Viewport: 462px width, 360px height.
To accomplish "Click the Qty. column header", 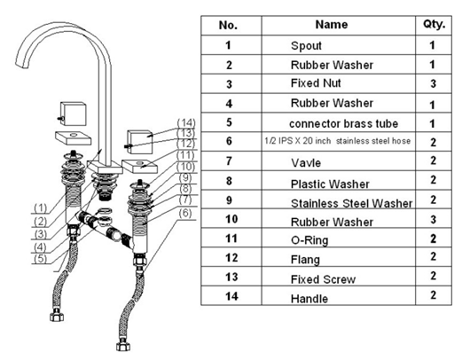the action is pyautogui.click(x=434, y=24).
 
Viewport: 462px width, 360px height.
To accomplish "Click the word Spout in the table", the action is pyautogui.click(x=306, y=46).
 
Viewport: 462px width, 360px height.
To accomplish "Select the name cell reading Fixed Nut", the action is pyautogui.click(x=316, y=83).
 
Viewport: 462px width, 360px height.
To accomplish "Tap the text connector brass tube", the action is pyautogui.click(x=343, y=123).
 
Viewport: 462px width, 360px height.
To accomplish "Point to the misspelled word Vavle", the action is pyautogui.click(x=306, y=163).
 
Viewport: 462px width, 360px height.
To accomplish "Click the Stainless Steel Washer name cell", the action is pyautogui.click(x=351, y=203).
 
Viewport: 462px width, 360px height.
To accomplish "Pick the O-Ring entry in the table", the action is pyautogui.click(x=309, y=240).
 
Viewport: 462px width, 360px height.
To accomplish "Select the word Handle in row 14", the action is pyautogui.click(x=309, y=299).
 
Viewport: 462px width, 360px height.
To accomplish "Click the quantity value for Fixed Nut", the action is pyautogui.click(x=433, y=83).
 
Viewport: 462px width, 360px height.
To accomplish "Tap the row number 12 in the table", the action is pyautogui.click(x=231, y=258).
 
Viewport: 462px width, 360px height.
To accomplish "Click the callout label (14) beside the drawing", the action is pyautogui.click(x=186, y=122).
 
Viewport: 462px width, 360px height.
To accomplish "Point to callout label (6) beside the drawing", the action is pyautogui.click(x=185, y=213).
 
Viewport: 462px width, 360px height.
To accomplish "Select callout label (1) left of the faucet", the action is pyautogui.click(x=41, y=208).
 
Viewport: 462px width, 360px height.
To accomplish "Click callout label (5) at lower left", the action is pyautogui.click(x=41, y=259).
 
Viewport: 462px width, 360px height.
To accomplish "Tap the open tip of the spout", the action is pyautogui.click(x=21, y=65).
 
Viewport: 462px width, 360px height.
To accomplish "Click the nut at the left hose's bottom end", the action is pyautogui.click(x=57, y=317).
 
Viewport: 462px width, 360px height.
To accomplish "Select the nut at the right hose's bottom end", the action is pyautogui.click(x=123, y=347).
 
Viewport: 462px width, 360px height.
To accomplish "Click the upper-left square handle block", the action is pyautogui.click(x=73, y=114).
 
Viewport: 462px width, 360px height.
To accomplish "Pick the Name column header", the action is pyautogui.click(x=332, y=25).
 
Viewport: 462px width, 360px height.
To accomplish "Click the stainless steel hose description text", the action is pyautogui.click(x=338, y=141).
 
